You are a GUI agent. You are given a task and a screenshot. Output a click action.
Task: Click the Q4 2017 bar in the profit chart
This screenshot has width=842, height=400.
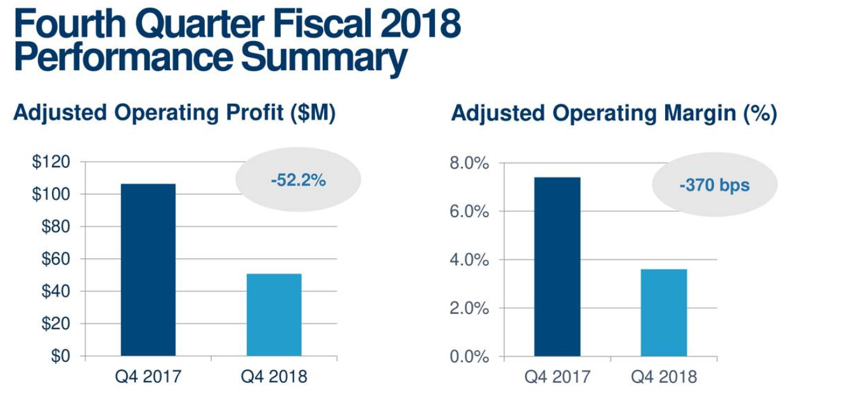[x=148, y=270]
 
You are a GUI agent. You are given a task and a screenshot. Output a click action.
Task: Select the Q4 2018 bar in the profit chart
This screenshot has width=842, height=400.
[x=274, y=315]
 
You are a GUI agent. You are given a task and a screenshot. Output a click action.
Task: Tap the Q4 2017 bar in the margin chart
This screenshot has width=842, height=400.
[x=557, y=266]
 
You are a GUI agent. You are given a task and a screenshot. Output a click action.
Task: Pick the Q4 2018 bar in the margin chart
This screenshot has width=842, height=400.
[x=663, y=313]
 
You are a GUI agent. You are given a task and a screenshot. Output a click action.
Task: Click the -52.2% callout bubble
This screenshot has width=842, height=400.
[x=298, y=180]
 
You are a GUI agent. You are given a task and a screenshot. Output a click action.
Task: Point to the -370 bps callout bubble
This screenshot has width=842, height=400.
[x=714, y=185]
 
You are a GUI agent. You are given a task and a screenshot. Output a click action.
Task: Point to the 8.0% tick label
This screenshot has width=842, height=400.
[x=469, y=163]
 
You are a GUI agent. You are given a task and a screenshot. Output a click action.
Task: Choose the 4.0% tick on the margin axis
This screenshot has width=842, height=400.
[x=469, y=260]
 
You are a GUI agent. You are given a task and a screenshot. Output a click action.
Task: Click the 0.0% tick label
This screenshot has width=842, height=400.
[x=469, y=357]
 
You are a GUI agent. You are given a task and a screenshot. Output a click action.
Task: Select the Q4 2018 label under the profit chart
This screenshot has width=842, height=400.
[x=274, y=377]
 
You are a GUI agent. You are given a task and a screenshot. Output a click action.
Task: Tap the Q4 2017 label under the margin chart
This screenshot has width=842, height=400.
[x=557, y=377]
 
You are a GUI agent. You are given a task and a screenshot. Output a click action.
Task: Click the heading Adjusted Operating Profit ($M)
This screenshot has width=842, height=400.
[x=174, y=113]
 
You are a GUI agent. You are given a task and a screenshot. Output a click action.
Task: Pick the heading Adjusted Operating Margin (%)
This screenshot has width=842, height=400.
[x=614, y=114]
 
